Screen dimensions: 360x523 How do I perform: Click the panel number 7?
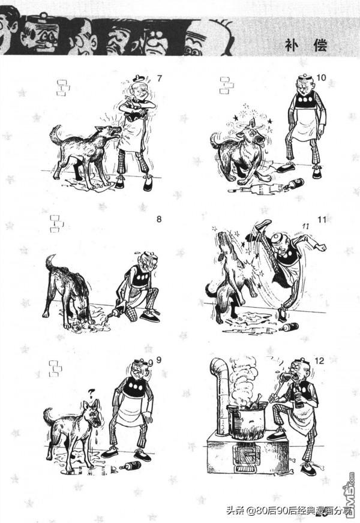[x=160, y=79]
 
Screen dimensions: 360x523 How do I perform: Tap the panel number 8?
[x=159, y=219]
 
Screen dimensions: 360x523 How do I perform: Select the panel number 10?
[x=321, y=78]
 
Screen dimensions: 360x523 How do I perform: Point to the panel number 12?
[x=319, y=360]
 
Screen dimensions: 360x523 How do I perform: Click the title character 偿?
[x=320, y=45]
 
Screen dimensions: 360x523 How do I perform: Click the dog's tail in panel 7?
[x=55, y=134]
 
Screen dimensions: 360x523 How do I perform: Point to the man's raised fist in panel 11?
[x=321, y=247]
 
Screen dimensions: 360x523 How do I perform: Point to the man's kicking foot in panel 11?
[x=263, y=224]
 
